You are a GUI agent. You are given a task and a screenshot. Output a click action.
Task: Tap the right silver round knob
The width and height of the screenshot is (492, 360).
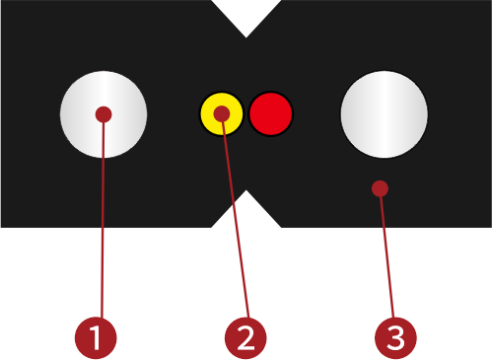384,113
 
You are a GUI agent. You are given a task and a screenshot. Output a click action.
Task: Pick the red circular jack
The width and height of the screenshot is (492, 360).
271,114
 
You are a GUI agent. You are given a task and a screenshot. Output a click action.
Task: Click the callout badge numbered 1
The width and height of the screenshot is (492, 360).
96,338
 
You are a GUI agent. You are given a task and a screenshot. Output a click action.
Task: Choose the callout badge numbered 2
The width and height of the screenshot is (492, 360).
246,338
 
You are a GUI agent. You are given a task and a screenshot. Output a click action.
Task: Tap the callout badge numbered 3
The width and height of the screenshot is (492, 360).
395,338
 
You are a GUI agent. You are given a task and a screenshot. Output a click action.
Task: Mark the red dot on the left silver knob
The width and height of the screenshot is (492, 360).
104,114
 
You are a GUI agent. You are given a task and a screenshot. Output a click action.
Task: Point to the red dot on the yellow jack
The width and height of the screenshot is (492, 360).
222,114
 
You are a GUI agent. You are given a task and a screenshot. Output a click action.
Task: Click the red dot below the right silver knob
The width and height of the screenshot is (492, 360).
380,188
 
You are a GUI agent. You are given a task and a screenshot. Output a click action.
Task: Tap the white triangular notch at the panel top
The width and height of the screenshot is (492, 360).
246,14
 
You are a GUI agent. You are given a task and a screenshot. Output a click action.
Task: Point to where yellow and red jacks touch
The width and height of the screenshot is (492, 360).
246,114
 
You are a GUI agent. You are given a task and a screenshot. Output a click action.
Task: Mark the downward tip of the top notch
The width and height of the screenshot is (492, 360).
246,36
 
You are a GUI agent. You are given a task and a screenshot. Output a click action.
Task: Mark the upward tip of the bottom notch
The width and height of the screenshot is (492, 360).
246,193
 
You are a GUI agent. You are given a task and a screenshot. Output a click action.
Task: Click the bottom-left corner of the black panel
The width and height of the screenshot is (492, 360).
2,226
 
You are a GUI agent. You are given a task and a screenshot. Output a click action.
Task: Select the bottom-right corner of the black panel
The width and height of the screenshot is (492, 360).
489,226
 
